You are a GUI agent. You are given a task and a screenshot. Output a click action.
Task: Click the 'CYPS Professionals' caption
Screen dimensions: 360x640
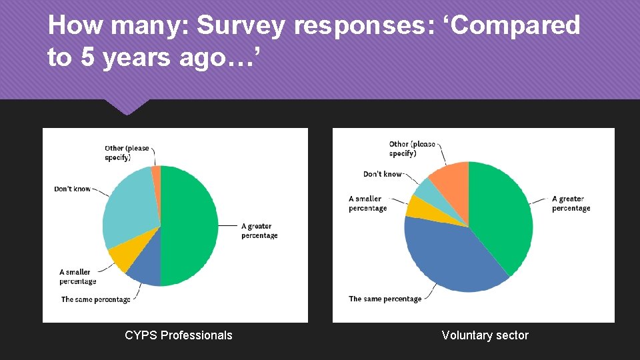[x=179, y=335]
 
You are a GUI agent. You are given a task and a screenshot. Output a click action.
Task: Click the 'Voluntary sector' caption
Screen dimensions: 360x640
[x=485, y=335]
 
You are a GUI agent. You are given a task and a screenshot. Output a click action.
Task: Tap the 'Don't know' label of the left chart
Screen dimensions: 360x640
[x=72, y=189]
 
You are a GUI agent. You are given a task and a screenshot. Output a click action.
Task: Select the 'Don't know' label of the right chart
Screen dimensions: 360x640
[x=383, y=174]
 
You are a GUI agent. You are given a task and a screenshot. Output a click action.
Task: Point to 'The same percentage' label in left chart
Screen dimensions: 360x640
[x=96, y=299]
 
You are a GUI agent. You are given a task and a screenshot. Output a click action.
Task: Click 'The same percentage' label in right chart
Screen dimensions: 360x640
[x=385, y=299]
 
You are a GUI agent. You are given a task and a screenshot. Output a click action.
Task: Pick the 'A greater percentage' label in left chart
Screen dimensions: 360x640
[x=259, y=231]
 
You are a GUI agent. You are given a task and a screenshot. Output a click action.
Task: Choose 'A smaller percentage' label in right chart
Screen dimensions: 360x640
[x=367, y=203]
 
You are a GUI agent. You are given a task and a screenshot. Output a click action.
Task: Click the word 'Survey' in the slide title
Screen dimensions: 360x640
[x=242, y=25]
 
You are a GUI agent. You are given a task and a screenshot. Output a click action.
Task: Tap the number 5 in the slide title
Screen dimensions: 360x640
[x=87, y=58]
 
